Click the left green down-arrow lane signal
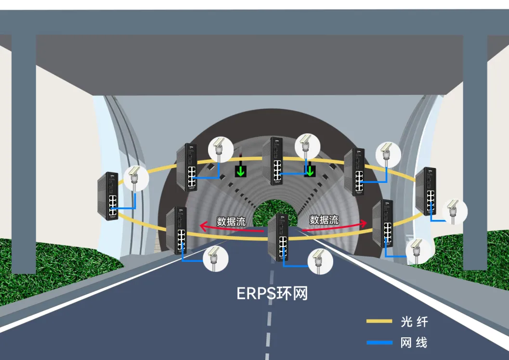coord(240,171)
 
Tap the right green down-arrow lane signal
coord(310,170)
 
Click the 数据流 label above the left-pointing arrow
coord(231,221)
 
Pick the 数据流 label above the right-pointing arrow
coord(324,220)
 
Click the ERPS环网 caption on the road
coord(272,293)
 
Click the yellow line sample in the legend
coord(379,321)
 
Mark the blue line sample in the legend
coord(379,343)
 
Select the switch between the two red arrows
coord(278,237)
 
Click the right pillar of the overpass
coord(475,144)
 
